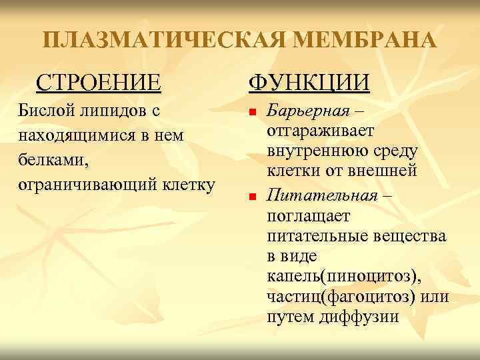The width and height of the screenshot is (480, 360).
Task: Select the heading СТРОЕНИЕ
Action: pyautogui.click(x=99, y=83)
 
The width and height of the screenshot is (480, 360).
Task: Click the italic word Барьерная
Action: pyautogui.click(x=307, y=110)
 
